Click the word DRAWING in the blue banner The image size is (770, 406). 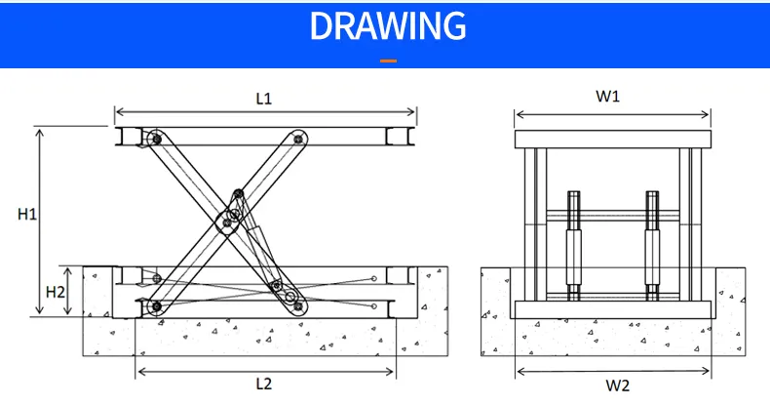pyautogui.click(x=387, y=26)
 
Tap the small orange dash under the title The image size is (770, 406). pyautogui.click(x=387, y=61)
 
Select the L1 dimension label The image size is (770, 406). pyautogui.click(x=263, y=98)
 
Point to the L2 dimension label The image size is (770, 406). pyautogui.click(x=263, y=384)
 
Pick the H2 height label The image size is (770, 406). pyautogui.click(x=57, y=291)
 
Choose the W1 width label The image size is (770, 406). pyautogui.click(x=608, y=96)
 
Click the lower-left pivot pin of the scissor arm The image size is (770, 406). pyautogui.click(x=155, y=307)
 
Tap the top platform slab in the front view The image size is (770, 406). pyautogui.click(x=612, y=138)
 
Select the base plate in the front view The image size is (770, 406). pyautogui.click(x=612, y=309)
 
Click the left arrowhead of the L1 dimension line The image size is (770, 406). pyautogui.click(x=118, y=111)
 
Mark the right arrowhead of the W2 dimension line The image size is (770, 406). pyautogui.click(x=709, y=371)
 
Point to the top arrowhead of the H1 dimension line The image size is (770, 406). pyautogui.click(x=40, y=130)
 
